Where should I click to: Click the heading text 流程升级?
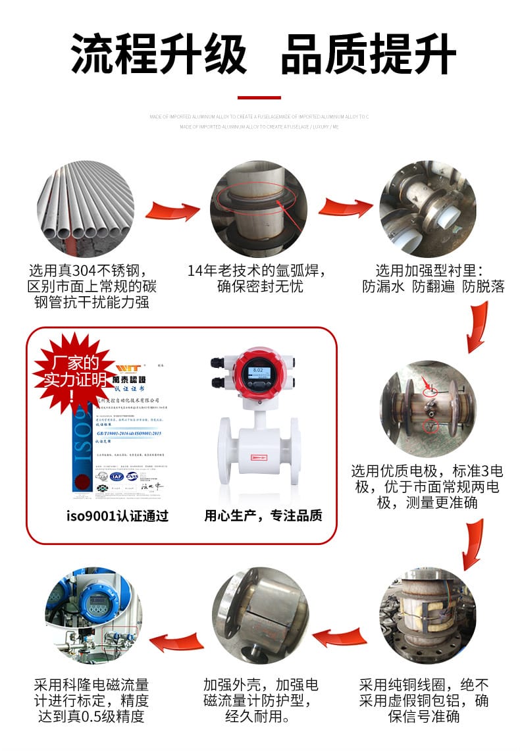click(x=159, y=53)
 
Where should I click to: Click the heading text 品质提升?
click(x=368, y=53)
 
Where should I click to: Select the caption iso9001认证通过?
click(x=117, y=515)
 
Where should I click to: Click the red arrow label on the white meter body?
click(x=258, y=456)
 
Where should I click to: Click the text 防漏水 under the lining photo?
click(x=382, y=286)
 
